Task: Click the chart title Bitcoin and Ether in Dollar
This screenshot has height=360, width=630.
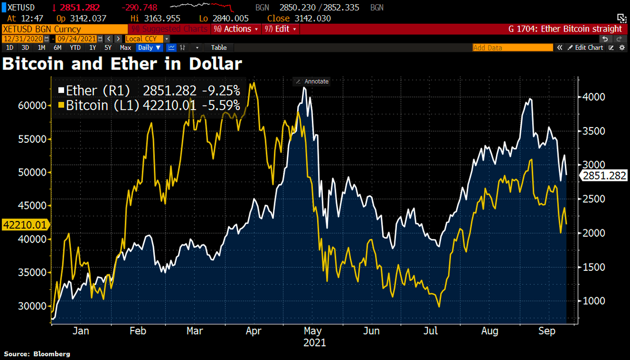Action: (122, 63)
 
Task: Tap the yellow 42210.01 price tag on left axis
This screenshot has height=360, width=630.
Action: (25, 225)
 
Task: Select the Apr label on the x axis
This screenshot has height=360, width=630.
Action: (254, 331)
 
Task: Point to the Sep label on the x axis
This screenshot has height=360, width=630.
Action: (548, 331)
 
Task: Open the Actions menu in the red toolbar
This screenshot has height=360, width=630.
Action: (236, 29)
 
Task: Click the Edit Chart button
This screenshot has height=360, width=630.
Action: (585, 47)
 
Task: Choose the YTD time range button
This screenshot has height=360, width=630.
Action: (75, 47)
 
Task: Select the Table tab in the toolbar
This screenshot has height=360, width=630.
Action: (218, 47)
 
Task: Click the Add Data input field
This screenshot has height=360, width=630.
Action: (512, 47)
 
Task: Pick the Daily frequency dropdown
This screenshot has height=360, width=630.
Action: (149, 47)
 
